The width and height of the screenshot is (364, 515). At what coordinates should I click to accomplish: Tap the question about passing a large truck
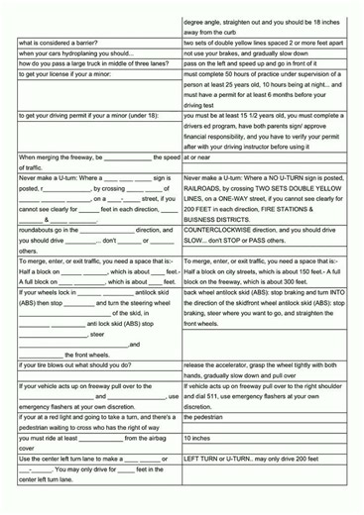(87, 63)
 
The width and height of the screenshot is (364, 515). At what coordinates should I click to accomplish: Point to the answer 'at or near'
(197, 156)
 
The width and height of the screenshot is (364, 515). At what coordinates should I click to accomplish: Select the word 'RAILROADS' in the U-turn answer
(206, 187)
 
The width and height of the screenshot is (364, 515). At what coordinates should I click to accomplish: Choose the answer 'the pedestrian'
(204, 417)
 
